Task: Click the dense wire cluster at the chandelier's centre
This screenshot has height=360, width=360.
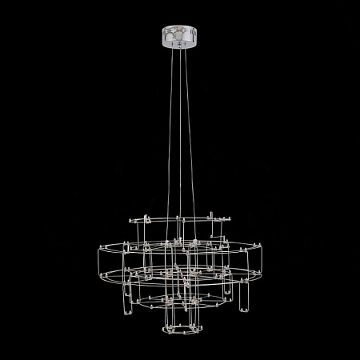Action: [182, 276]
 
